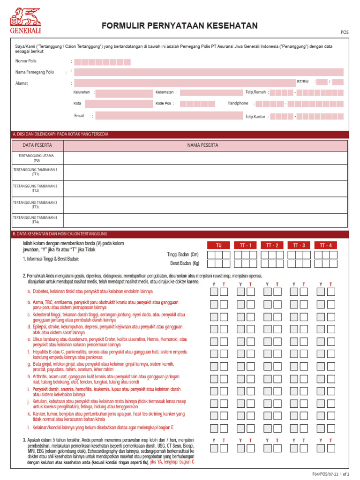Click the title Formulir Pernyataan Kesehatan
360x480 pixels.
pyautogui.click(x=180, y=26)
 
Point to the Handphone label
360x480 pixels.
pyautogui.click(x=238, y=103)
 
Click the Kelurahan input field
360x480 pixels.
pyautogui.click(x=124, y=93)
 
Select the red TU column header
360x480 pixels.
pyautogui.click(x=219, y=245)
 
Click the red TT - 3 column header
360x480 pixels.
pyautogui.click(x=299, y=245)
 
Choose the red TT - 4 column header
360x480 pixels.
pyautogui.click(x=325, y=245)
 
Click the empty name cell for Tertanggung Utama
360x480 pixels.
pyautogui.click(x=205, y=157)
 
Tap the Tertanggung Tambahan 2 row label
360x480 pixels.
pyautogui.click(x=35, y=188)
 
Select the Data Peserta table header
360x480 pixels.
pyautogui.click(x=37, y=145)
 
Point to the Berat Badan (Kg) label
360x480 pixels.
pyautogui.click(x=185, y=263)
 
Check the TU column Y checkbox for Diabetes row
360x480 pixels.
pyautogui.click(x=214, y=292)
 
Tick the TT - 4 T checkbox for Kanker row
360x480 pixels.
pyautogui.click(x=331, y=415)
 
